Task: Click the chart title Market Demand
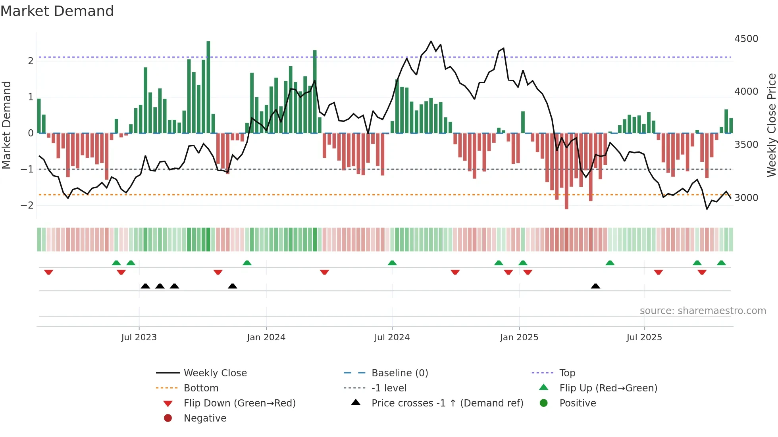click(57, 11)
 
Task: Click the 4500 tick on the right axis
click(746, 39)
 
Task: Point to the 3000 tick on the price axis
click(746, 197)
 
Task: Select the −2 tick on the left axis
click(27, 205)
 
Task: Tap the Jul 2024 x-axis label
click(392, 337)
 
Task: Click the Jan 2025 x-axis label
click(519, 337)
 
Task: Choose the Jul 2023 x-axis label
click(139, 337)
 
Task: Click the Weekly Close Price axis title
click(771, 125)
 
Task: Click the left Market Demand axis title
click(7, 125)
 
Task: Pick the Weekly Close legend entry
click(215, 373)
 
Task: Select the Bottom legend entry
click(201, 388)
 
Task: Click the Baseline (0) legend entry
click(399, 373)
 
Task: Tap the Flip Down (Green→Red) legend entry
click(239, 403)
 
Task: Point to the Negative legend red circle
click(168, 418)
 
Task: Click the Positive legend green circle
click(544, 403)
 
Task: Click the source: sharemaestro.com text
click(703, 311)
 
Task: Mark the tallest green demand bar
click(208, 87)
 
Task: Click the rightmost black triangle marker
click(595, 286)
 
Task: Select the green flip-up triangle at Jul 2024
click(392, 263)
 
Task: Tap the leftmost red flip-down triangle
click(49, 272)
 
